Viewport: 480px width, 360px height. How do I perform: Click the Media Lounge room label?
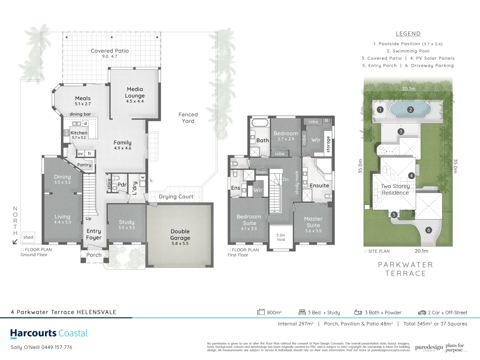pyautogui.click(x=135, y=93)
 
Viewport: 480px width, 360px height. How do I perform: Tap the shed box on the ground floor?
pyautogui.click(x=28, y=237)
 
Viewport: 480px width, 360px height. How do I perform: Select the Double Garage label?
pyautogui.click(x=180, y=235)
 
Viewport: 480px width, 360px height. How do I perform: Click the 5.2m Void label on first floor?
pyautogui.click(x=281, y=237)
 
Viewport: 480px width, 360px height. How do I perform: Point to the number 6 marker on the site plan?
pyautogui.click(x=429, y=230)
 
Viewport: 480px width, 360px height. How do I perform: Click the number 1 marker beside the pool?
pyautogui.click(x=380, y=110)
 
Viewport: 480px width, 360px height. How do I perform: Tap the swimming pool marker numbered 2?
pyautogui.click(x=410, y=110)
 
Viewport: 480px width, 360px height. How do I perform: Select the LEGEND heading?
pyautogui.click(x=408, y=34)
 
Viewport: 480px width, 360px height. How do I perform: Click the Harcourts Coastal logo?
pyautogui.click(x=49, y=333)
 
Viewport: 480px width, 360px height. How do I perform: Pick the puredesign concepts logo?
pyautogui.click(x=429, y=348)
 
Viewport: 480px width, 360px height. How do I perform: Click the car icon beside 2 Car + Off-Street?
pyautogui.click(x=422, y=313)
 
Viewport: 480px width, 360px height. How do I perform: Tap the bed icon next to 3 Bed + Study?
pyautogui.click(x=302, y=312)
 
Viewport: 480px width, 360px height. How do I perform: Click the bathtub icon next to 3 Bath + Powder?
pyautogui.click(x=358, y=312)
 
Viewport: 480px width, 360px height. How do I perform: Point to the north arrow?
pyautogui.click(x=15, y=242)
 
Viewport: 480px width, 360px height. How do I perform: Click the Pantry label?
pyautogui.click(x=84, y=165)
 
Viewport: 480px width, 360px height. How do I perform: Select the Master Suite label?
pyautogui.click(x=313, y=222)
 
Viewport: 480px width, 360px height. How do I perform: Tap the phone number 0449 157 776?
pyautogui.click(x=57, y=347)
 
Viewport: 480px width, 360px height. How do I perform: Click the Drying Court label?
pyautogui.click(x=176, y=197)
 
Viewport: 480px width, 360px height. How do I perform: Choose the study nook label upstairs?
pyautogui.click(x=297, y=182)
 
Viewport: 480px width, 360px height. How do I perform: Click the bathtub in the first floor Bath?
pyautogui.click(x=260, y=122)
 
